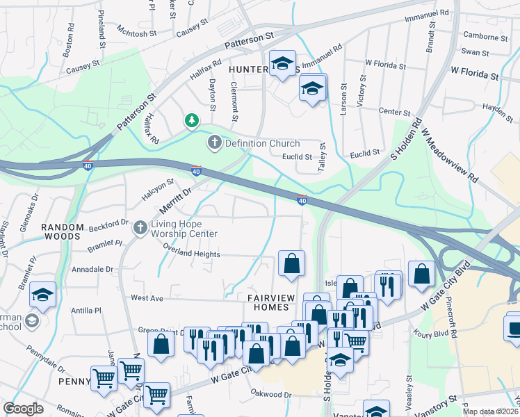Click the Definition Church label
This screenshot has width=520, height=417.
(262, 143)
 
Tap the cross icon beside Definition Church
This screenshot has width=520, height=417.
(215, 143)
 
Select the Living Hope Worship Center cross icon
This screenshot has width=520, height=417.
(140, 227)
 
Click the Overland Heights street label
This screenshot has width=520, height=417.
(191, 254)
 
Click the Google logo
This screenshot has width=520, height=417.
(23, 409)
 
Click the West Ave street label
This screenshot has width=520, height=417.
(147, 297)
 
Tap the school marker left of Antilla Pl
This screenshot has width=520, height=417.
(42, 295)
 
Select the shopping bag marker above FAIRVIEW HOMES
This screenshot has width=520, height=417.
(291, 263)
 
